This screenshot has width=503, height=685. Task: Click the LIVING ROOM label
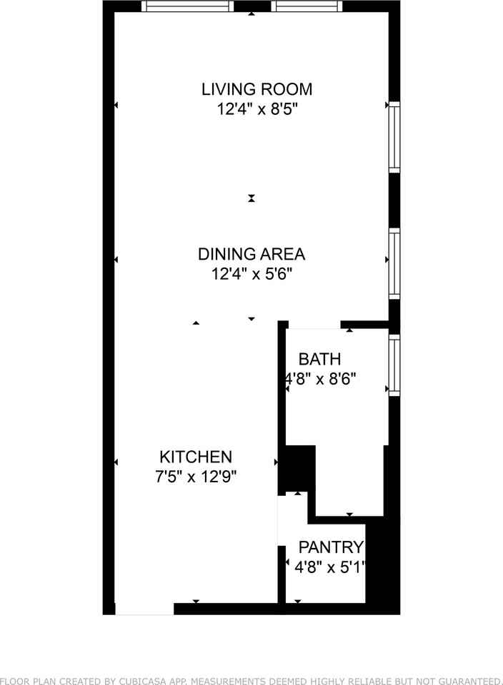257,89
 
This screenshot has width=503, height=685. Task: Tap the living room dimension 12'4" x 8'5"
257,108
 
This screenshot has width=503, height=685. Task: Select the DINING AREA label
251,254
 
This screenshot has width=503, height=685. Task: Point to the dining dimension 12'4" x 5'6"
251,274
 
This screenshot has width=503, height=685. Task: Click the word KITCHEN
196,457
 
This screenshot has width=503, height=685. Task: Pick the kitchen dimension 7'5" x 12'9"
196,476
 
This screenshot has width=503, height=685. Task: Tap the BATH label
319,359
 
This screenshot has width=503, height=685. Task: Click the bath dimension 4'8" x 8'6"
321,378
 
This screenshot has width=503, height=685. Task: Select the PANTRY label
331,547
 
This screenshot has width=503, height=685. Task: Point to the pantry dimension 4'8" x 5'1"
330,567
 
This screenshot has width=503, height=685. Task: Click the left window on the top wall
188,6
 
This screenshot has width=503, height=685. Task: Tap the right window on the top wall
307,6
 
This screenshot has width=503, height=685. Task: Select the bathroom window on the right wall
394,365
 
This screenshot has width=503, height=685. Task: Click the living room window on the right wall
394,137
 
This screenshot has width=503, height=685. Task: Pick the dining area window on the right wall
394,264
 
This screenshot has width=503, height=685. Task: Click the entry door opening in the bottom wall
144,609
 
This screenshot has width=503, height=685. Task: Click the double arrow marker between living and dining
251,198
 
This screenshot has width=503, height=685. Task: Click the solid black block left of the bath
300,468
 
